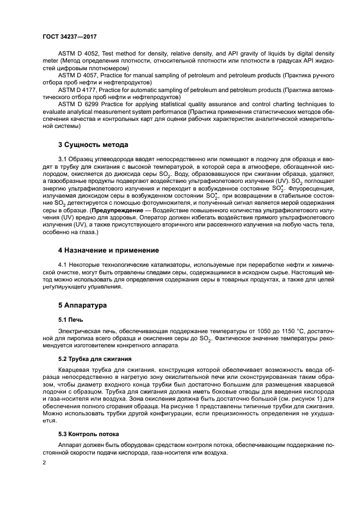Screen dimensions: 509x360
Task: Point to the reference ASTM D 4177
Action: click(x=78, y=88)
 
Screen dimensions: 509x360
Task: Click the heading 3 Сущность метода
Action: click(x=93, y=145)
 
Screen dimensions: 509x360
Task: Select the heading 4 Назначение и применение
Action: click(x=108, y=250)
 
